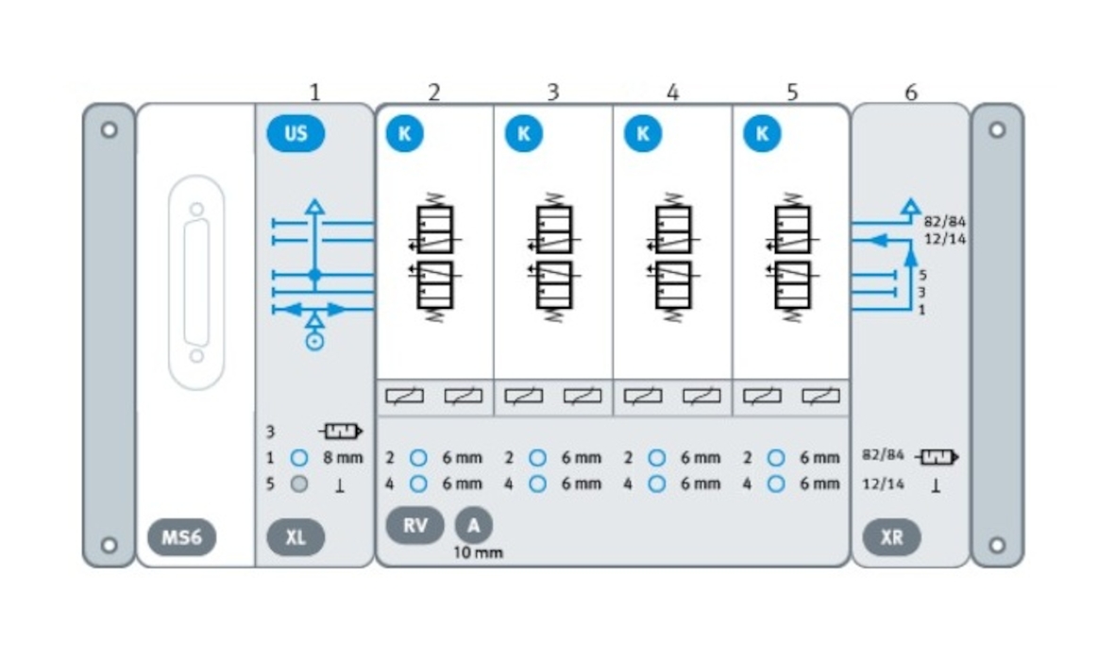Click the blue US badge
tap(296, 133)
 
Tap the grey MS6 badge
tap(181, 537)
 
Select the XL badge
tap(296, 537)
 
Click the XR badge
tap(891, 537)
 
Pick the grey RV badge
tap(414, 526)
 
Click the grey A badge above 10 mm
tap(473, 526)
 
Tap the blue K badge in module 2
tap(404, 133)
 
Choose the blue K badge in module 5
tap(762, 133)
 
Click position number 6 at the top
tap(910, 93)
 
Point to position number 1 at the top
tap(314, 93)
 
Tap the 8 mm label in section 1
tap(343, 458)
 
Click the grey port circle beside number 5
tap(299, 484)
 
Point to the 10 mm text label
tap(478, 552)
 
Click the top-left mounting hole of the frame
tap(109, 129)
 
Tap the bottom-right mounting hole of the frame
tap(997, 544)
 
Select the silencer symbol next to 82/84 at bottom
tap(938, 457)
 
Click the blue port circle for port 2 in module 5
tap(776, 458)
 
